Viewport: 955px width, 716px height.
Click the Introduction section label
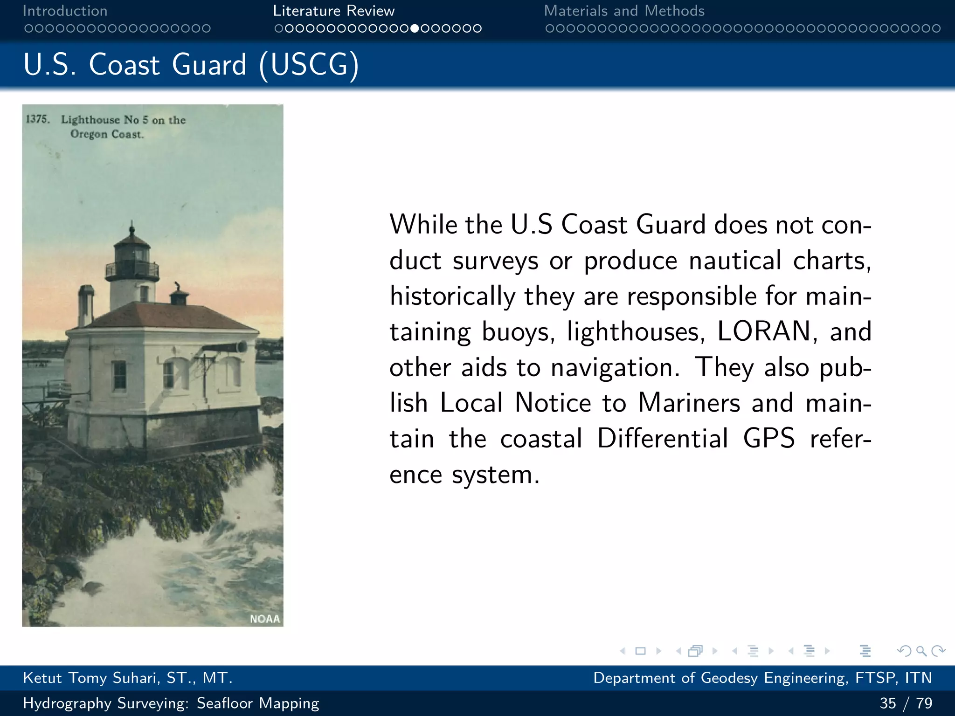point(65,11)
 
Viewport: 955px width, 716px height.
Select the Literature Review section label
point(333,11)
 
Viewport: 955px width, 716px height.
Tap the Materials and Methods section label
point(624,11)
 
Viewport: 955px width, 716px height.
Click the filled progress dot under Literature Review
point(415,28)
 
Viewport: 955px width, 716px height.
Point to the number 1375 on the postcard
point(37,119)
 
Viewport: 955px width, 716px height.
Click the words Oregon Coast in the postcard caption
point(107,134)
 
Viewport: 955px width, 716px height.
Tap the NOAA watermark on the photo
point(265,619)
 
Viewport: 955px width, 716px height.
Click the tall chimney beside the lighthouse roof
point(86,305)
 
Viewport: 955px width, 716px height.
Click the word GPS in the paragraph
point(768,439)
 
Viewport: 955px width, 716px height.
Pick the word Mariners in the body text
point(689,403)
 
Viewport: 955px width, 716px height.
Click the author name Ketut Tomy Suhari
point(127,678)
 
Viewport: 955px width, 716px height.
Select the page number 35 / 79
point(906,703)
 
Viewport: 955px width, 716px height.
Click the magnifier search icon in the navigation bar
point(921,651)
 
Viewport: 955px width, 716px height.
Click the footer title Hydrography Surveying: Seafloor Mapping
point(171,703)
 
